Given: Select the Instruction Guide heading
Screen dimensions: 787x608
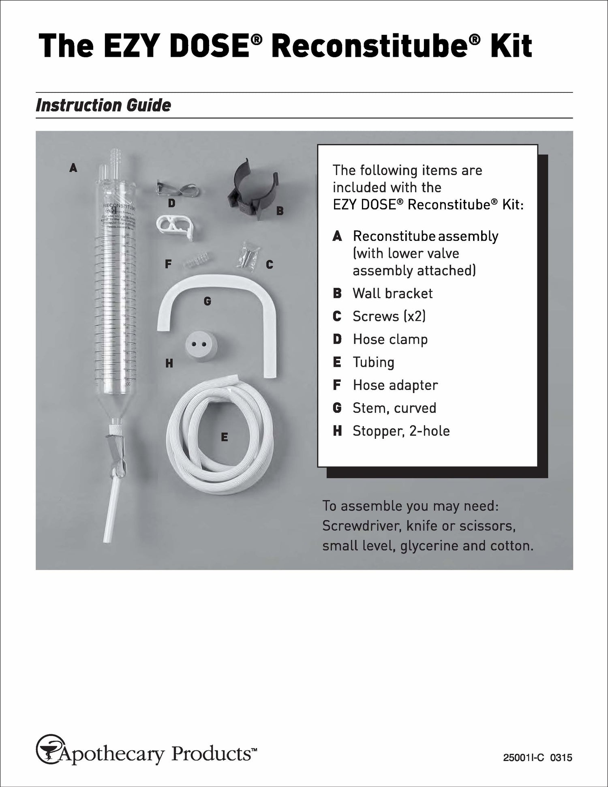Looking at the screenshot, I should (x=103, y=105).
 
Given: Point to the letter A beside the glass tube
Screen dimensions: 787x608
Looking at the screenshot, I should (x=73, y=167).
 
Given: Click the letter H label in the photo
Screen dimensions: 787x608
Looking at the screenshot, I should (x=169, y=363).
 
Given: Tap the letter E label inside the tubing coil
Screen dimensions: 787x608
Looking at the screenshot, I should (x=224, y=437).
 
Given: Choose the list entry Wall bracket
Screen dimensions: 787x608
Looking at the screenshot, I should (x=392, y=293).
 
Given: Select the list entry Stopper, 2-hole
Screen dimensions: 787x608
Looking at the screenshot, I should (x=401, y=431).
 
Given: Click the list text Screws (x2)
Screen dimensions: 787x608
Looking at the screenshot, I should (x=389, y=316).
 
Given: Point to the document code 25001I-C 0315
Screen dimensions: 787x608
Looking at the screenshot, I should (x=537, y=757).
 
